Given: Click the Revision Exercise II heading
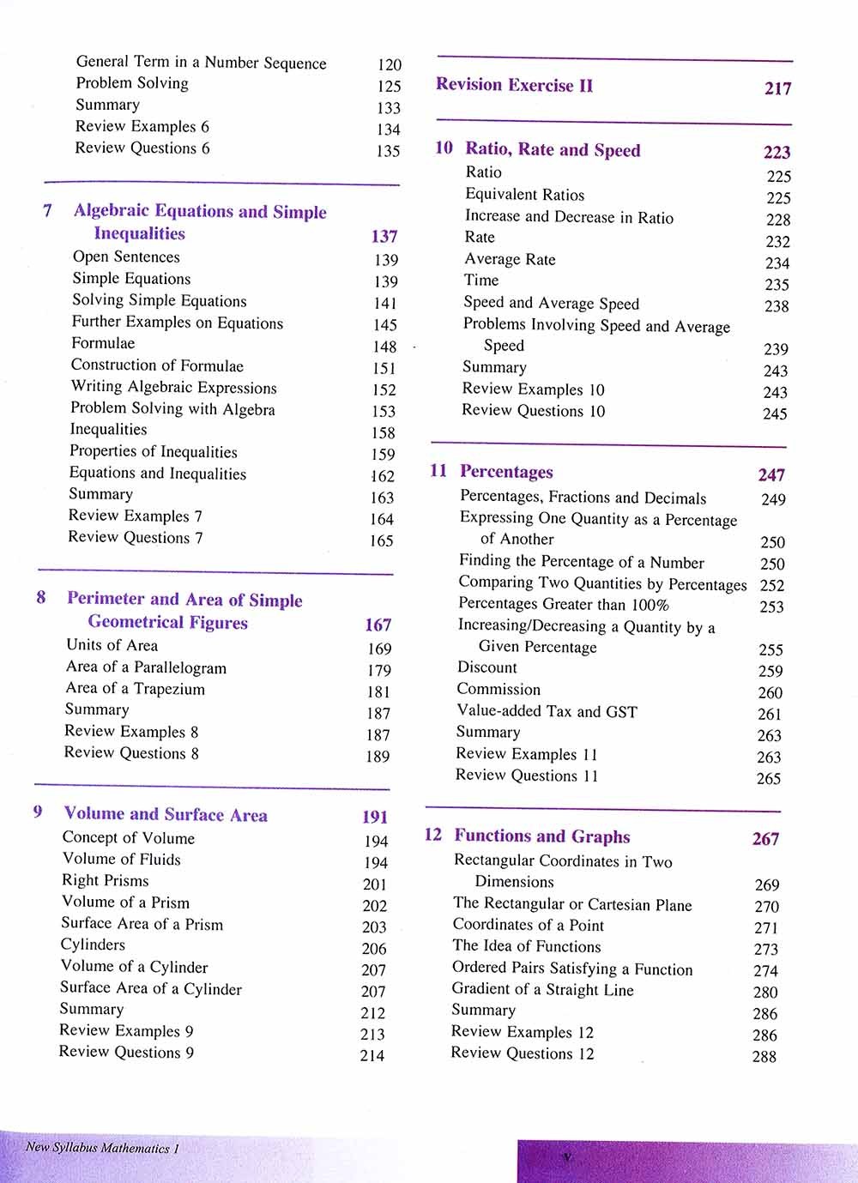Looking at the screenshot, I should (514, 85).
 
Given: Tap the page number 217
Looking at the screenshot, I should (777, 88).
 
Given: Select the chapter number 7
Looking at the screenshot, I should (47, 211).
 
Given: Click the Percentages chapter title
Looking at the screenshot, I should (506, 472).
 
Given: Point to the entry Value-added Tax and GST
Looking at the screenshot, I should (547, 711).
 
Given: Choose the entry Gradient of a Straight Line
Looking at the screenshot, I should (542, 989).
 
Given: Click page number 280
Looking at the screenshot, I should (765, 992).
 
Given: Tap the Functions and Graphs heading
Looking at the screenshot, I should (541, 836).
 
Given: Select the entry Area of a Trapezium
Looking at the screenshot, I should (136, 689).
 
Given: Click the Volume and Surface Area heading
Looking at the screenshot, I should (166, 815).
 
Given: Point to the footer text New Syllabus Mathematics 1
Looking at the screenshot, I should (102, 1148).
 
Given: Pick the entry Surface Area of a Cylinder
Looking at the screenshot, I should (151, 988).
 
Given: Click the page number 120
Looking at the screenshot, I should (390, 64).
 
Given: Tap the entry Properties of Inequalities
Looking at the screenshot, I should (154, 452).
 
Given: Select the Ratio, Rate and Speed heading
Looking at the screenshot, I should (553, 150).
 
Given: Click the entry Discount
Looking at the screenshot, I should (486, 667).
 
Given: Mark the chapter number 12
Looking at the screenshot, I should (433, 835).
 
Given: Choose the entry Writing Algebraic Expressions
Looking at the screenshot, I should (173, 388).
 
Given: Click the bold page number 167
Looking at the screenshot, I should (378, 625).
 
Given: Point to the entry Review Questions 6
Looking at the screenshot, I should (142, 148).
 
